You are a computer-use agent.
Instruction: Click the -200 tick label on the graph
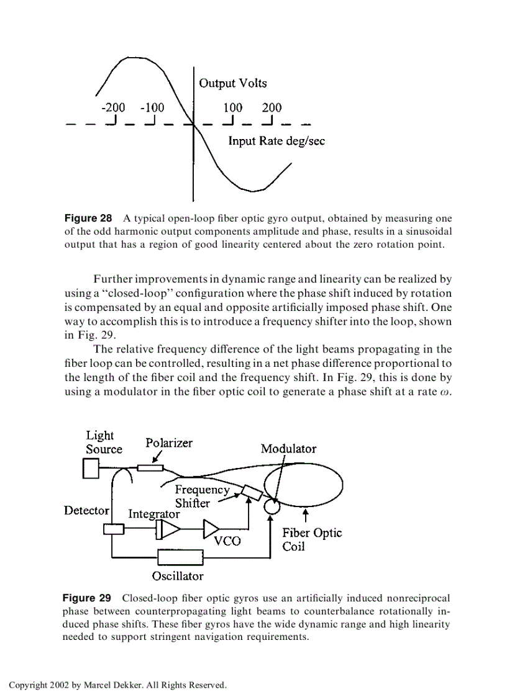pyautogui.click(x=112, y=107)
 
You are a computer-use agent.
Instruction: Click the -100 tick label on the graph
pyautogui.click(x=152, y=107)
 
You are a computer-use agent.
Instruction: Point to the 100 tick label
pyautogui.click(x=232, y=107)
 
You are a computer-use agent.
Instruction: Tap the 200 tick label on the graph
pyautogui.click(x=271, y=107)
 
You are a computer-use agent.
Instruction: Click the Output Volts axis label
pyautogui.click(x=233, y=83)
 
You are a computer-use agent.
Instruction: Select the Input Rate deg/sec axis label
pyautogui.click(x=276, y=141)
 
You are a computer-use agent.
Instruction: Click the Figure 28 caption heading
pyautogui.click(x=88, y=218)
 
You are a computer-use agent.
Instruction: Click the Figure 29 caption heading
pyautogui.click(x=87, y=598)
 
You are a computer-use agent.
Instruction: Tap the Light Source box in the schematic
pyautogui.click(x=91, y=469)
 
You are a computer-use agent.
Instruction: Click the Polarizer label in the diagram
pyautogui.click(x=169, y=443)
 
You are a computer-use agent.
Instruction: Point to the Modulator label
pyautogui.click(x=288, y=449)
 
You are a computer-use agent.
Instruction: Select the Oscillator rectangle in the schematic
pyautogui.click(x=181, y=557)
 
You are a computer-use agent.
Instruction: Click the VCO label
pyautogui.click(x=227, y=541)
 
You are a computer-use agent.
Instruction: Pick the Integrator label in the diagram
pyautogui.click(x=153, y=514)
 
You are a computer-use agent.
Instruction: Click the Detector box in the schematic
pyautogui.click(x=114, y=529)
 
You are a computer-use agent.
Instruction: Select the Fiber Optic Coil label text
pyautogui.click(x=311, y=539)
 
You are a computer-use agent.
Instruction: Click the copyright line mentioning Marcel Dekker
pyautogui.click(x=118, y=685)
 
